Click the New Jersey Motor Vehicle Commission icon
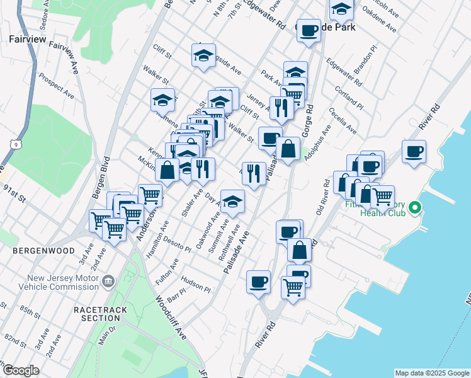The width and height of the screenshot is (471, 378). pyautogui.click(x=109, y=280)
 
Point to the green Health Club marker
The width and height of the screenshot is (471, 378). pyautogui.click(x=414, y=207)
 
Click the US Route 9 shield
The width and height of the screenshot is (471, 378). pyautogui.click(x=13, y=145)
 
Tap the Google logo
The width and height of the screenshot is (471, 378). pyautogui.click(x=20, y=370)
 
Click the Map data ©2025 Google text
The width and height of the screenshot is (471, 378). pyautogui.click(x=431, y=373)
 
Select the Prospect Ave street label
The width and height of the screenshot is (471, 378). pyautogui.click(x=56, y=86)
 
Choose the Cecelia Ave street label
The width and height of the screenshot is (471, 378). pyautogui.click(x=343, y=124)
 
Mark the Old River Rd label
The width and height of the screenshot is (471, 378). pyautogui.click(x=323, y=198)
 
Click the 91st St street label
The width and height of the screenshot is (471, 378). pyautogui.click(x=13, y=193)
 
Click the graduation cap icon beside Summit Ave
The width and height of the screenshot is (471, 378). pyautogui.click(x=233, y=202)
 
